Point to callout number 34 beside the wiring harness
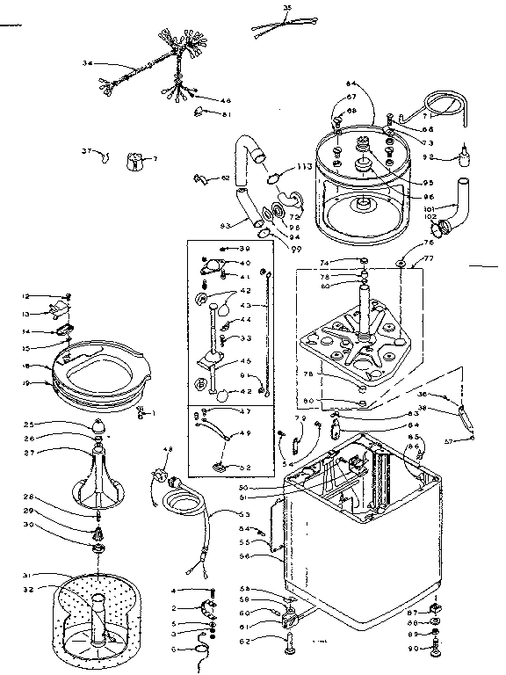tap(87, 63)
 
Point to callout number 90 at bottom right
tap(413, 649)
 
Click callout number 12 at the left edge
tap(26, 295)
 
